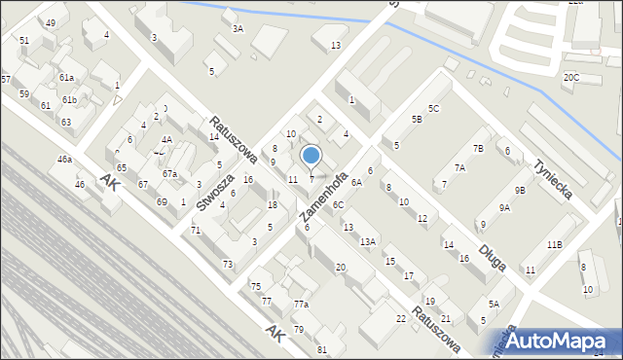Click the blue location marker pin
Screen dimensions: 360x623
311,157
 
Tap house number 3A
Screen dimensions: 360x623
238,29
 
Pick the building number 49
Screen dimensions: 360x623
51,22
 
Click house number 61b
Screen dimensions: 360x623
69,100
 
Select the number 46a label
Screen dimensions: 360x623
64,159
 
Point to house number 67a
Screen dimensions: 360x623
169,174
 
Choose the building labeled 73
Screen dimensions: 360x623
227,265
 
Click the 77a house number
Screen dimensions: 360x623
301,305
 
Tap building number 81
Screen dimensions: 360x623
321,349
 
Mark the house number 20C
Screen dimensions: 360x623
570,77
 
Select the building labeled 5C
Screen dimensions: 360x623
434,108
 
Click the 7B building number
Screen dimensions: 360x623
478,148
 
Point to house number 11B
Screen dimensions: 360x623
554,244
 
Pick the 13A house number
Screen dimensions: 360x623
366,241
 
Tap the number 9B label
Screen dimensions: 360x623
520,190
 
